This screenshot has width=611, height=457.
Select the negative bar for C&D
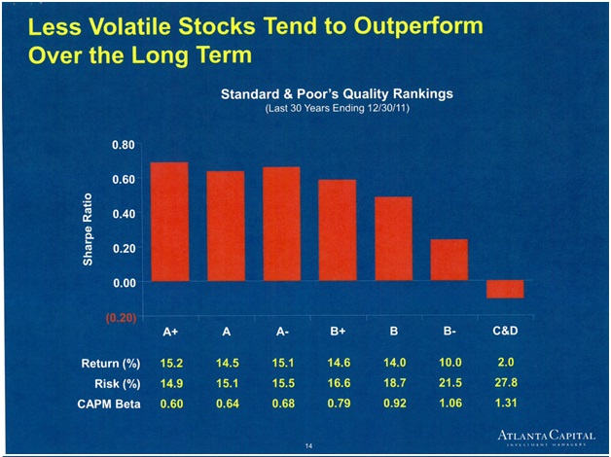504,289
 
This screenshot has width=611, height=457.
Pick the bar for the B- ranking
449,260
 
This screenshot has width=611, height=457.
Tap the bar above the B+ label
337,230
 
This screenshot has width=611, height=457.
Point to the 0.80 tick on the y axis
122,144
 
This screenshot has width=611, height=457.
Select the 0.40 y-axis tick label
122,213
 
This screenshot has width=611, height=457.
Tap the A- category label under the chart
282,332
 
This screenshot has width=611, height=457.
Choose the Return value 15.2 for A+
170,363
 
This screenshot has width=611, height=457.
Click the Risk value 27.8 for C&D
505,383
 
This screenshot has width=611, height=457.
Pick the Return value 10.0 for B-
449,363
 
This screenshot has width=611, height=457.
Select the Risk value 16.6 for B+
337,383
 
